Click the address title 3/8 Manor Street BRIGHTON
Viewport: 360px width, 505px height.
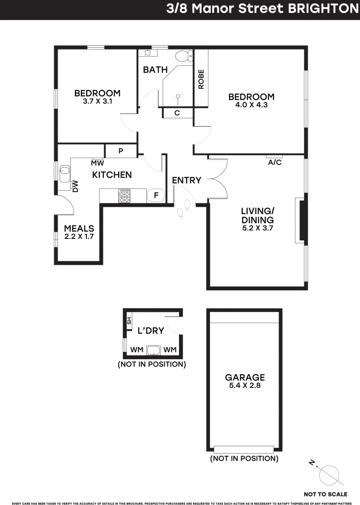click(262, 9)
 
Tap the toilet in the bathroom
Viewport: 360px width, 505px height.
click(183, 56)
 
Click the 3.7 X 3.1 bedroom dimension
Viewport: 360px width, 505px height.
click(97, 101)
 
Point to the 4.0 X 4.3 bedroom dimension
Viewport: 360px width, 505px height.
click(251, 105)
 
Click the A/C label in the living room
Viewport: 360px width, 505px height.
click(274, 163)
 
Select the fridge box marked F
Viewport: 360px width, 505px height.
click(156, 195)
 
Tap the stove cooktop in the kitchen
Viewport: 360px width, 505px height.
click(124, 195)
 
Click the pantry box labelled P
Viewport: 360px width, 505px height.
click(121, 151)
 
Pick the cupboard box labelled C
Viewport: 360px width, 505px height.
click(177, 113)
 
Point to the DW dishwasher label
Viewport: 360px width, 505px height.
click(75, 187)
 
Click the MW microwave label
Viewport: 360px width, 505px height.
click(97, 163)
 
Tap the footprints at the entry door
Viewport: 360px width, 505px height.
click(183, 209)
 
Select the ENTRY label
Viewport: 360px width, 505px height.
click(187, 180)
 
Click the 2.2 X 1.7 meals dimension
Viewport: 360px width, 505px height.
click(79, 237)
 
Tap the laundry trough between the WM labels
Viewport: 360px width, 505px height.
click(153, 350)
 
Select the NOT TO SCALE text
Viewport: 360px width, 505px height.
click(325, 494)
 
